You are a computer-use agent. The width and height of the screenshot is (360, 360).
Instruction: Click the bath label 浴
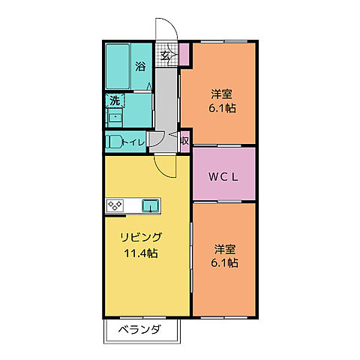[140, 67]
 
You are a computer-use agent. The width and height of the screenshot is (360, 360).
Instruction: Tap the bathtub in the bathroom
[118, 65]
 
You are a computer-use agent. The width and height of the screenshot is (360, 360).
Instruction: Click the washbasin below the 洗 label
[115, 115]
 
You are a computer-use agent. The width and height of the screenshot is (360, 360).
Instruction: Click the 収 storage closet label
[184, 139]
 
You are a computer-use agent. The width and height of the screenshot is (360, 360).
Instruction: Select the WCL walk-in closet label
[223, 178]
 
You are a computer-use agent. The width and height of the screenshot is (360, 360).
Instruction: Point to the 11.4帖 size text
[141, 253]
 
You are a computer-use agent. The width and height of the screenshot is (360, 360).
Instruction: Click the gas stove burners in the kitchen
[116, 204]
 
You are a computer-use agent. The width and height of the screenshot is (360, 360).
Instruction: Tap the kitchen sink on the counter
[150, 204]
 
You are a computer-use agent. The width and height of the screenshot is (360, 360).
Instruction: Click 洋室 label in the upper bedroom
[220, 94]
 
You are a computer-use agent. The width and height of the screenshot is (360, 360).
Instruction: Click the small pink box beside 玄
[184, 55]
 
